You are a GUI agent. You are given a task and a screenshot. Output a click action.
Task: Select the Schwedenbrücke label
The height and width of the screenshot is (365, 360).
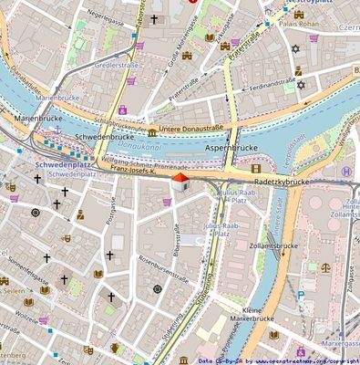(104, 136)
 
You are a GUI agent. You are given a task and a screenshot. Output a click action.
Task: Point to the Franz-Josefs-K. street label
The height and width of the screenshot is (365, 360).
(135, 169)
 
